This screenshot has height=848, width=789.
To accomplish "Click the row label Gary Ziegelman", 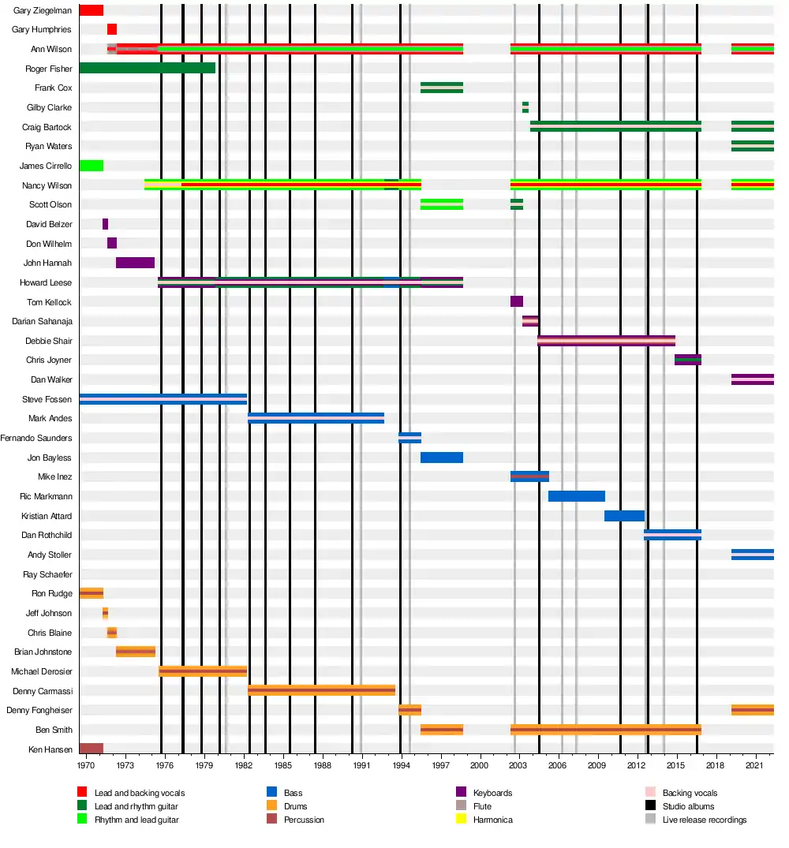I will click(x=43, y=10).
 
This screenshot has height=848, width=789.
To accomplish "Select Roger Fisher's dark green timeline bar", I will click(x=147, y=69).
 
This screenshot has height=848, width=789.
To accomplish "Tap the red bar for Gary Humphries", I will click(x=112, y=30).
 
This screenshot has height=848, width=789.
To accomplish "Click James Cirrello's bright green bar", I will click(x=92, y=166).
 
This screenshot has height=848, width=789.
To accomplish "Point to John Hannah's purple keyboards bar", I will click(x=135, y=263).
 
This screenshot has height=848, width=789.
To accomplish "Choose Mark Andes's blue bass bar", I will click(x=316, y=418).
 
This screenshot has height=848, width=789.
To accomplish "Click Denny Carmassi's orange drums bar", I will click(x=321, y=690).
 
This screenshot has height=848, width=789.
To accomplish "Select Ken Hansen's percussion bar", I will click(x=92, y=749).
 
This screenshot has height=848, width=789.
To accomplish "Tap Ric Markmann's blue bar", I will click(x=577, y=496).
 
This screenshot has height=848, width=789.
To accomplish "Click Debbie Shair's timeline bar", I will click(x=606, y=341).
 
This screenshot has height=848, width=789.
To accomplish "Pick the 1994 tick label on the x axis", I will click(x=401, y=765).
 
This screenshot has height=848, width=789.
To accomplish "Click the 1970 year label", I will click(x=86, y=765).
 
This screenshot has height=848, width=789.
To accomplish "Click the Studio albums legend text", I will click(x=688, y=806).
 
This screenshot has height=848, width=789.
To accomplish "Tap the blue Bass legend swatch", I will click(x=271, y=793).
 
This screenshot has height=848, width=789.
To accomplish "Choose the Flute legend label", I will click(x=483, y=806).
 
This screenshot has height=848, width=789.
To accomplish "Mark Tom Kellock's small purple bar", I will click(x=517, y=301).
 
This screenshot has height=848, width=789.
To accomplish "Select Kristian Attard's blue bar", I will click(x=624, y=516).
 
